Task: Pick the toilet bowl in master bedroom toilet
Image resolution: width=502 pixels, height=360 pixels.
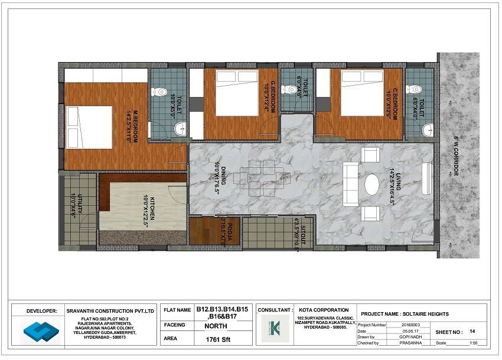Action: [x=159, y=92]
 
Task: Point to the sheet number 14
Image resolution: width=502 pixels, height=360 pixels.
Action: [x=472, y=332]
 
